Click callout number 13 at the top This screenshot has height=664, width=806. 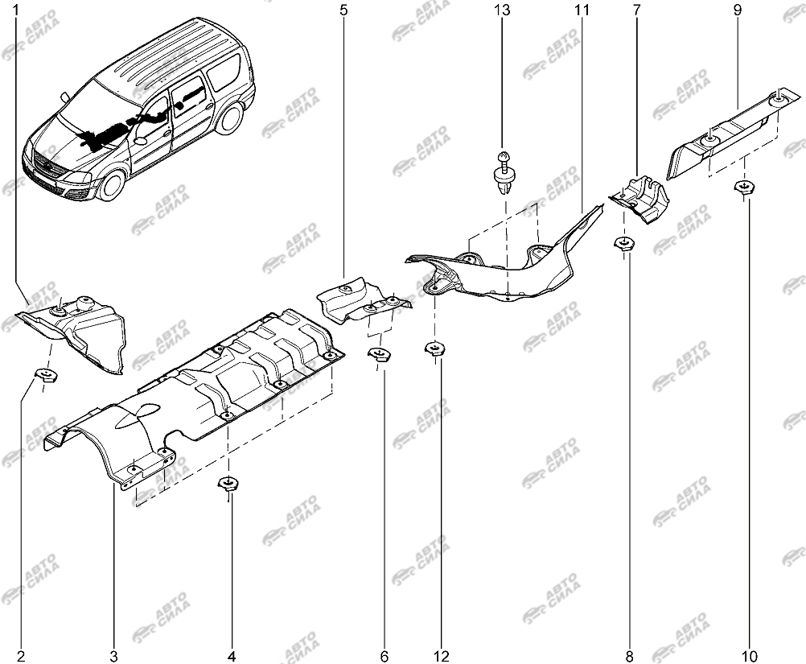[x=502, y=10]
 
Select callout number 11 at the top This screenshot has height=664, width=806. [x=582, y=10]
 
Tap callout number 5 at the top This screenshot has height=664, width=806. [x=343, y=10]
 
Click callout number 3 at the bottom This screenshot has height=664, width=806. [x=113, y=656]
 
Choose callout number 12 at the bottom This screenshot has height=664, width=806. [x=442, y=656]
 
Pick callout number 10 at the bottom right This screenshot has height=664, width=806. [x=750, y=656]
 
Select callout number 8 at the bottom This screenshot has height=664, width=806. [x=630, y=656]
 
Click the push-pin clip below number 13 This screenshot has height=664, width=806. [x=504, y=172]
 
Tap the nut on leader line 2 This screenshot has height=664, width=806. [x=47, y=374]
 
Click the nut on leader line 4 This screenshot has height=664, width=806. [x=228, y=484]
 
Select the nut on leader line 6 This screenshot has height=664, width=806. [x=379, y=354]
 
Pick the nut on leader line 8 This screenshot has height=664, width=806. [x=624, y=243]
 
